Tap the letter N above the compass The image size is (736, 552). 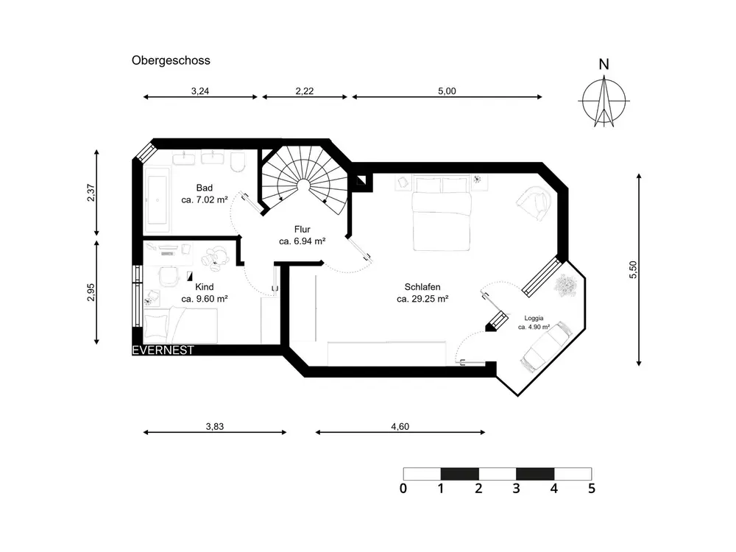(604, 64)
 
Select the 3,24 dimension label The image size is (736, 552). (200, 91)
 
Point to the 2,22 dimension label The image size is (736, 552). (305, 91)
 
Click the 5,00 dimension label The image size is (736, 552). (447, 91)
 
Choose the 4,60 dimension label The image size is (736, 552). (400, 426)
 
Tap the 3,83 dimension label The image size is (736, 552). (214, 426)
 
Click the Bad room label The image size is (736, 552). (204, 187)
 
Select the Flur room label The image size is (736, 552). (302, 229)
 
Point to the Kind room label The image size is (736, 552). (204, 287)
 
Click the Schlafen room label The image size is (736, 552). (422, 287)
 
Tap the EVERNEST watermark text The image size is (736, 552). (163, 350)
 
